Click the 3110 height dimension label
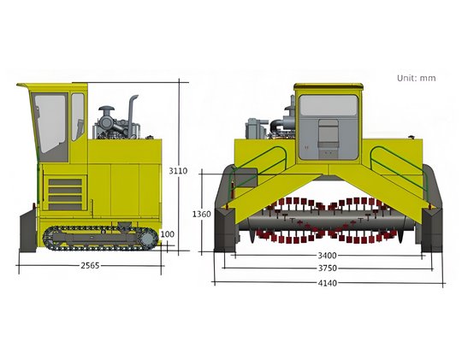click(x=178, y=170)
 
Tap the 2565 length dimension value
click(x=90, y=265)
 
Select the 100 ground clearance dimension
click(x=168, y=234)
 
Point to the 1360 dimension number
click(x=202, y=214)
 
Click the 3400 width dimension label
click(x=327, y=255)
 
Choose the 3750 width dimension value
click(x=328, y=269)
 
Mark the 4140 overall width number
click(x=328, y=283)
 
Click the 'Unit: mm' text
click(x=416, y=78)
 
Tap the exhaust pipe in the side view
click(x=132, y=115)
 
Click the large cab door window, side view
click(x=50, y=124)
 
